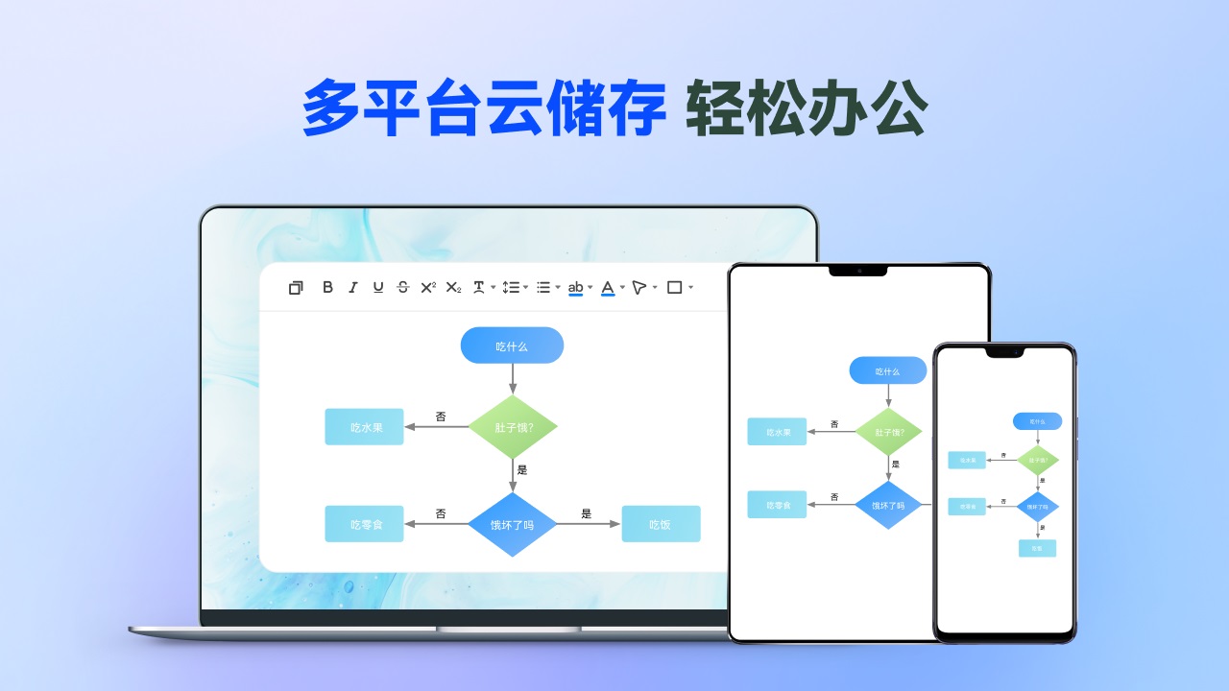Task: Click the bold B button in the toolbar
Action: point(327,287)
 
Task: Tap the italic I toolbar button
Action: point(352,287)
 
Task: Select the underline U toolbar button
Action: point(377,287)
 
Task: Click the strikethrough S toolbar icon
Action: point(402,287)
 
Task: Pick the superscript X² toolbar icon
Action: point(428,287)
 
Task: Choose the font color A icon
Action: point(608,287)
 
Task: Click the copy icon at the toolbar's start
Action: point(296,287)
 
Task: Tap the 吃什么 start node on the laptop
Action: point(512,345)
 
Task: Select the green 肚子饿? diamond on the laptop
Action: point(513,426)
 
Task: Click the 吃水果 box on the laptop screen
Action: point(364,427)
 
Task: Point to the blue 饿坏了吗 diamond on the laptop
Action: point(512,524)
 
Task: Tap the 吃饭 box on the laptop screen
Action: point(661,524)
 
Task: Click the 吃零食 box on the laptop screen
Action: point(364,524)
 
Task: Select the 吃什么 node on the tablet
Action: point(887,370)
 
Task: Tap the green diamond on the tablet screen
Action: point(888,432)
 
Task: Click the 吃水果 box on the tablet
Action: point(778,432)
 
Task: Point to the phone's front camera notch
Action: point(1004,352)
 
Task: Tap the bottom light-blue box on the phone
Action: point(1037,548)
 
